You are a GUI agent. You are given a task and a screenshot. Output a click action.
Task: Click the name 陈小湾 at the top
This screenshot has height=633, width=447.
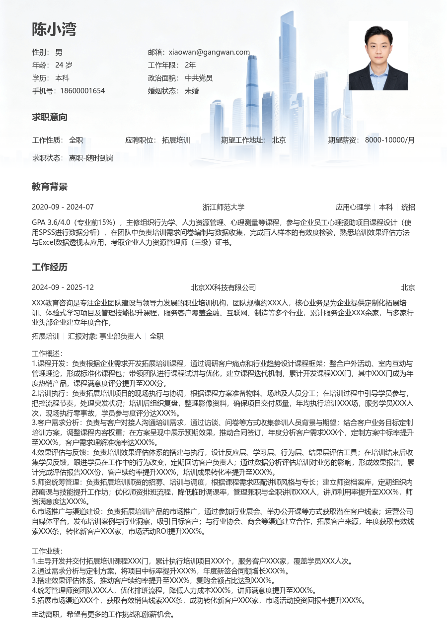coord(54,30)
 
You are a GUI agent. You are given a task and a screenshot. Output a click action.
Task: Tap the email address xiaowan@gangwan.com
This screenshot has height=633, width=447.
coord(209,52)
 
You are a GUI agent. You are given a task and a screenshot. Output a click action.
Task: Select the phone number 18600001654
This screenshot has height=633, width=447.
coord(82,91)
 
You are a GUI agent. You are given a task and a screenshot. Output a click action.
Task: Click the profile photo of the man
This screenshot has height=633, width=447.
coord(378,56)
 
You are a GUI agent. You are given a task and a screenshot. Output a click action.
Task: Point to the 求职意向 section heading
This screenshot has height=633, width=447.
coord(50,118)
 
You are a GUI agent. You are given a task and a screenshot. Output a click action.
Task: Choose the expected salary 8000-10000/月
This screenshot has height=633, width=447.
coord(389,140)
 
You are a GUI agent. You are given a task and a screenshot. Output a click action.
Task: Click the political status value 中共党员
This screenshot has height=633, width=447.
coord(199,78)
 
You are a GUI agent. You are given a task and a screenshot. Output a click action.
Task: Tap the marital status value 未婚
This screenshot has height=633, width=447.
coord(192,91)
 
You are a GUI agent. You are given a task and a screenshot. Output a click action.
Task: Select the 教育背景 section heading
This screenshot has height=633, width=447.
coord(50,187)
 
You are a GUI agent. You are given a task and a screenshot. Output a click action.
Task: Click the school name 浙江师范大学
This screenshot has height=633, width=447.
coord(223,207)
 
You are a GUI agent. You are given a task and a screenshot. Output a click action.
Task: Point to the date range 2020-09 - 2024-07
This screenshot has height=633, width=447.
coord(63,207)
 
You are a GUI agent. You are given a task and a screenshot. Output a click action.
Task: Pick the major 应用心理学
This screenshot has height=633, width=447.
coord(353,207)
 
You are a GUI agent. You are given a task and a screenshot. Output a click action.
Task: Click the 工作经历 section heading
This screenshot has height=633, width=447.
coord(50,268)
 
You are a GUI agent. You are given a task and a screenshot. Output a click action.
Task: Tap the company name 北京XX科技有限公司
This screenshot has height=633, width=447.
coord(223,287)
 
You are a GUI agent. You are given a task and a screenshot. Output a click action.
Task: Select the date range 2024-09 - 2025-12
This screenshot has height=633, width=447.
coord(63,287)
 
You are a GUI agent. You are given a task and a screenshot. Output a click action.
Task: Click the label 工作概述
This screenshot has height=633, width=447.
coord(47,353)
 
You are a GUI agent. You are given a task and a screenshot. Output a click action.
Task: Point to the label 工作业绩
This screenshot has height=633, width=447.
coord(47,551)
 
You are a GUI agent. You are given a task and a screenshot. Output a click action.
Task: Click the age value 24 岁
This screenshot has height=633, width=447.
coord(64,65)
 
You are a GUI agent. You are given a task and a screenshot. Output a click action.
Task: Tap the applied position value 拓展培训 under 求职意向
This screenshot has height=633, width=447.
coord(176,140)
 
